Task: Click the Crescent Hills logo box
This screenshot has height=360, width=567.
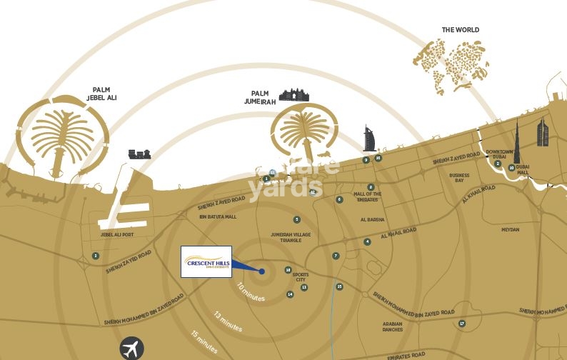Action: [206, 261]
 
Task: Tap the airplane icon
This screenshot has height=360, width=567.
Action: [131, 349]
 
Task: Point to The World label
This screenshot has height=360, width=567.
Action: [460, 30]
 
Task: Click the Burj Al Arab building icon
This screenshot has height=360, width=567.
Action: [369, 139]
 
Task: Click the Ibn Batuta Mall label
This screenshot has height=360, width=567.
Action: [217, 216]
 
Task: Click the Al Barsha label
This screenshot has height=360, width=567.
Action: [373, 220]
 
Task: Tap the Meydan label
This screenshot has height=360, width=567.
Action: [510, 230]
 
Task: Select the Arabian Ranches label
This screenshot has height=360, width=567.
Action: [392, 326]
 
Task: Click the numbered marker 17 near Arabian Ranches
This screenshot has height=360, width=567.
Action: [462, 324]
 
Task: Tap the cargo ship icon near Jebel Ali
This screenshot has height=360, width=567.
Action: [139, 154]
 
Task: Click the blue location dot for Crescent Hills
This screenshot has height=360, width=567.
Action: [262, 271]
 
